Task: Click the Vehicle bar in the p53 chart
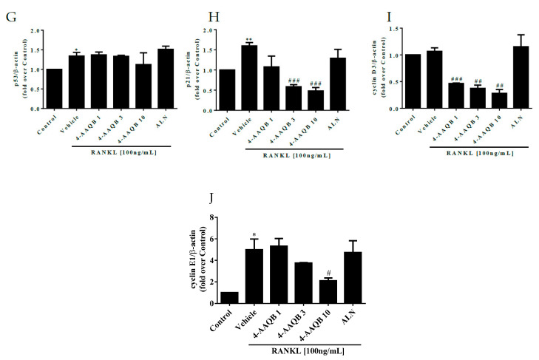click(76, 82)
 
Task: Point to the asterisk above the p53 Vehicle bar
click(76, 50)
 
